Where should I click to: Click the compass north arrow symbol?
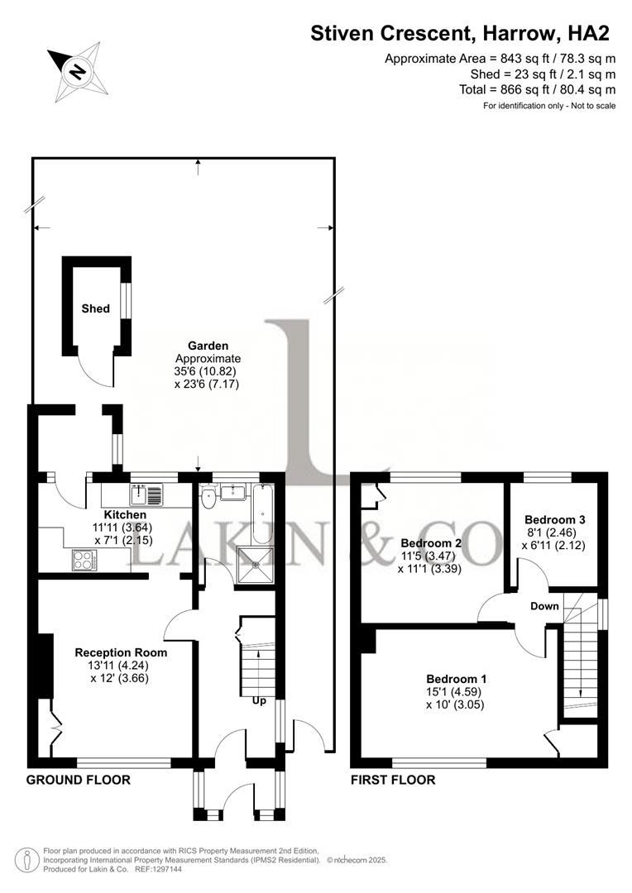(78, 70)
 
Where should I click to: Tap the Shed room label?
(95, 308)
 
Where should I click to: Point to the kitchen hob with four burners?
(84, 560)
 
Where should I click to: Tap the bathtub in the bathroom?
(262, 512)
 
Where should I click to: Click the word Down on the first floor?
(545, 606)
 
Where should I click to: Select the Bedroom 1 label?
(456, 679)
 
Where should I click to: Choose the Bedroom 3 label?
(554, 519)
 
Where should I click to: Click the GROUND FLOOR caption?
(78, 780)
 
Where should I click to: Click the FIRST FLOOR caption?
(393, 780)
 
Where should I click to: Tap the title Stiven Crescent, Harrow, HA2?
(460, 33)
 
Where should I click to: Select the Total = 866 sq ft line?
(537, 89)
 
